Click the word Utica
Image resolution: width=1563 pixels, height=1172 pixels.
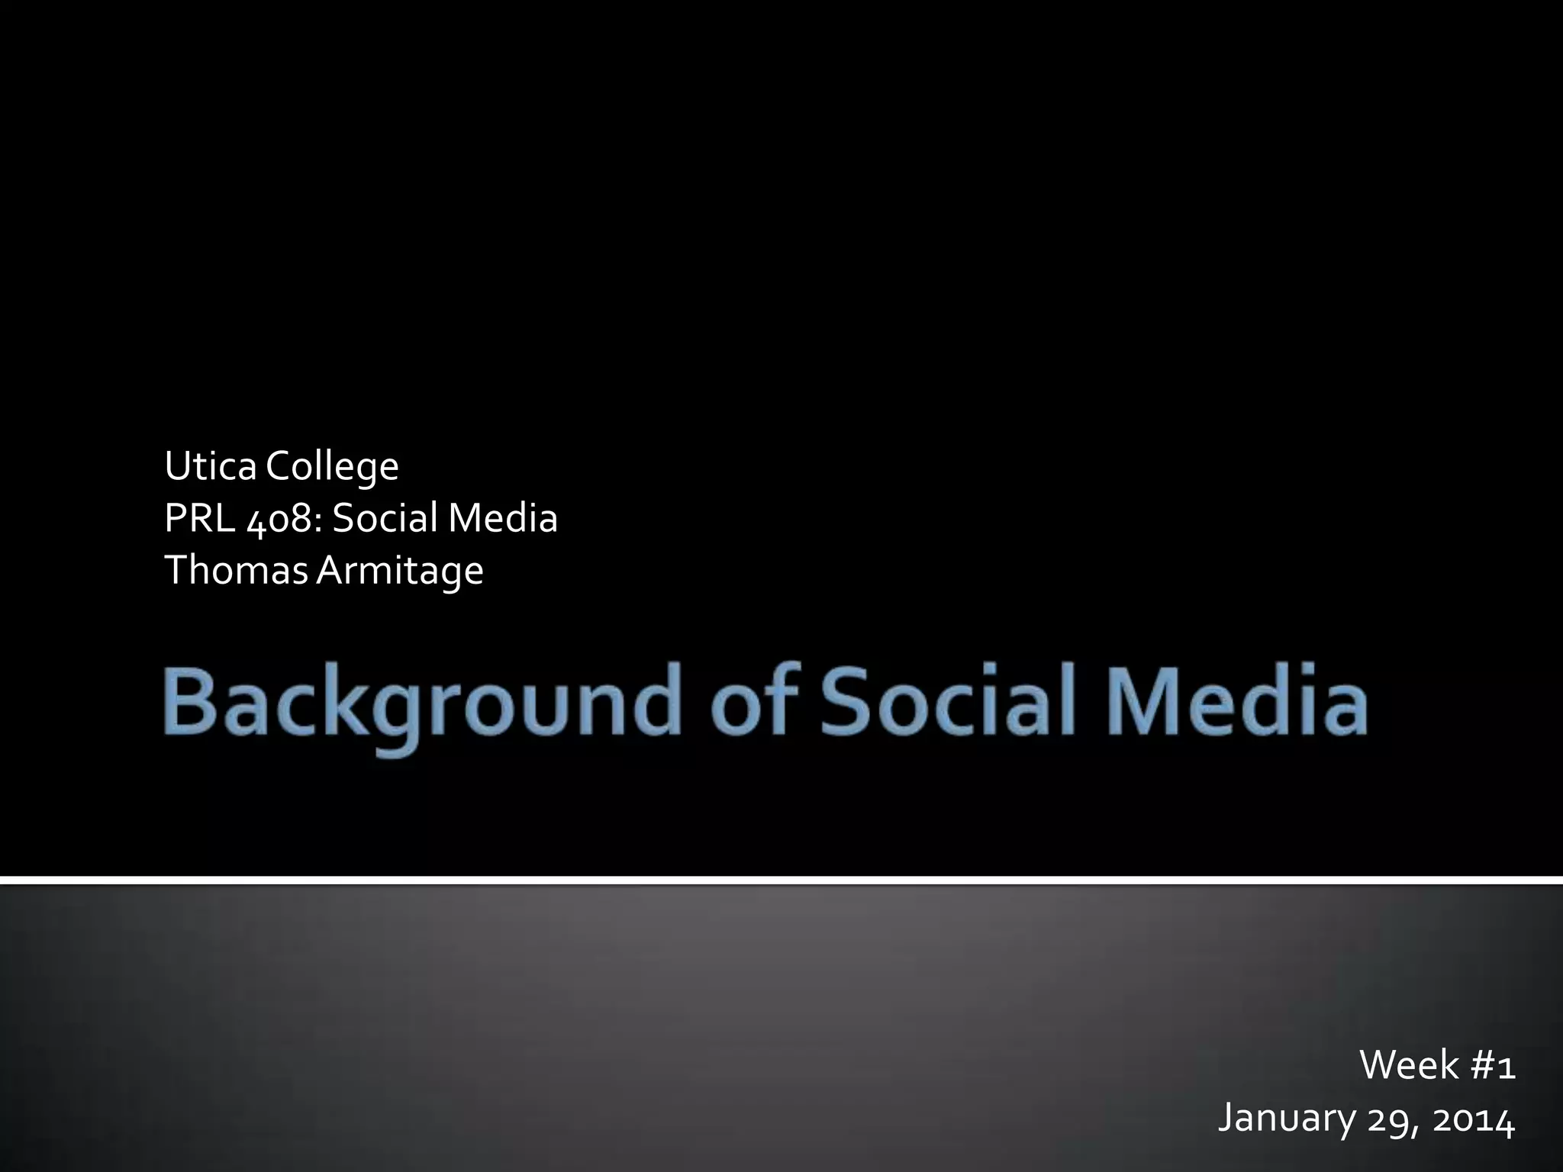(210, 466)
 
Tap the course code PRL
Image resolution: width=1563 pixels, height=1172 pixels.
(200, 518)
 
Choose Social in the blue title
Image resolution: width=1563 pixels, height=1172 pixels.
(946, 700)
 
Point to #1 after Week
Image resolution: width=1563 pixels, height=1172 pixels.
(1493, 1064)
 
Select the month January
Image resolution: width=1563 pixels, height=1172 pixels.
(1285, 1118)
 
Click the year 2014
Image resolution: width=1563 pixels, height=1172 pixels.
(1473, 1119)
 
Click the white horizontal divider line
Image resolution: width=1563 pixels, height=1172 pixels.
(781, 881)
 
